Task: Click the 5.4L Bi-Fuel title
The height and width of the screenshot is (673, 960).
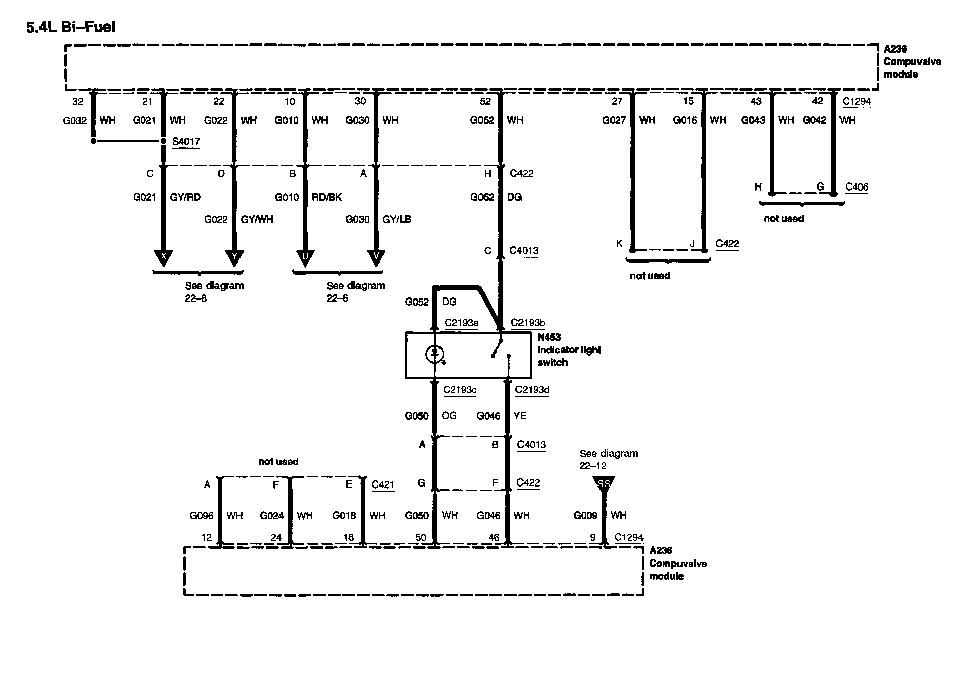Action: click(x=71, y=27)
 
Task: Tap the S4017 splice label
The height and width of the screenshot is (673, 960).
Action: click(x=186, y=142)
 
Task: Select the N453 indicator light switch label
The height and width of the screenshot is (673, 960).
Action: click(x=569, y=350)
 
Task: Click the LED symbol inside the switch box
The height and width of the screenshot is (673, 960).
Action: click(x=434, y=353)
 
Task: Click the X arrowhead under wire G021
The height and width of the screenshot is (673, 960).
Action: click(x=163, y=257)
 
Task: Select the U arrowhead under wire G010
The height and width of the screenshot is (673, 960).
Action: click(x=305, y=257)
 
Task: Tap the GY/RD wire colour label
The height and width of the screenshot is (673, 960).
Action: click(x=185, y=197)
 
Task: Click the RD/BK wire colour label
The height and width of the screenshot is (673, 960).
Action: click(x=327, y=197)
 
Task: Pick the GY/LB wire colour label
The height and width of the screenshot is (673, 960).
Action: click(x=396, y=219)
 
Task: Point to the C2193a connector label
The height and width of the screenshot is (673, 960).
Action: click(x=461, y=323)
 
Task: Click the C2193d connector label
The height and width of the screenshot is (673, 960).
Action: click(x=532, y=390)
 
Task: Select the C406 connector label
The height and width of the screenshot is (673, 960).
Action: click(x=857, y=187)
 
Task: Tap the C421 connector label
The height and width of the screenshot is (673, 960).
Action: click(x=383, y=484)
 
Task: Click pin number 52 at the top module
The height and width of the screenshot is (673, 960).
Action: click(x=485, y=101)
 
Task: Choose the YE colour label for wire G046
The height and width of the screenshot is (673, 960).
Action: click(x=520, y=416)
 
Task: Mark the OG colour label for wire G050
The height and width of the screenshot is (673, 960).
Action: click(x=449, y=416)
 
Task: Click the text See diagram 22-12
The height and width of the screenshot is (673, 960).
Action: click(x=609, y=459)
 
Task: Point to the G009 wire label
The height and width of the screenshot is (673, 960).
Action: click(x=585, y=516)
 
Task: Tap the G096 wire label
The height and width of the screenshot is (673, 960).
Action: click(x=202, y=516)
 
